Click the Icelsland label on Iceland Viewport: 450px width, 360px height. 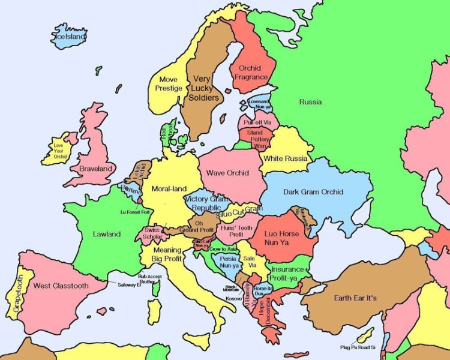tap(70, 37)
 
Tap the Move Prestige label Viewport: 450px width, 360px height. tap(169, 84)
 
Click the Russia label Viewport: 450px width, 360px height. tap(310, 102)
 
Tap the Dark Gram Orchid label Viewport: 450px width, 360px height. tap(314, 192)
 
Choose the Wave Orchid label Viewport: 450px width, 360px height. tap(228, 173)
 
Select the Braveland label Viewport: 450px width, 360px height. tap(97, 169)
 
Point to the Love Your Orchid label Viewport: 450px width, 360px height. tap(58, 151)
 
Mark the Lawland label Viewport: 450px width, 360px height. tap(107, 234)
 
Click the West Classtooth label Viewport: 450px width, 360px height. tap(61, 286)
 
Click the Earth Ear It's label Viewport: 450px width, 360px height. tap(355, 298)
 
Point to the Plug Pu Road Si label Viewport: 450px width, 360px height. tap(357, 347)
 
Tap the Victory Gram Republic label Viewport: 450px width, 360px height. tap(206, 203)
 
